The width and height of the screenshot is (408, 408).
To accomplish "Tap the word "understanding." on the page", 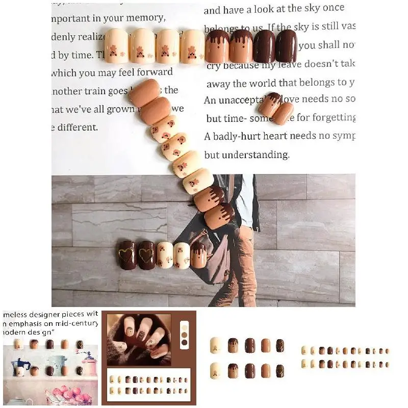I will (260, 155).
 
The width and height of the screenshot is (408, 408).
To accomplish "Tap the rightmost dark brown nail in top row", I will (286, 46).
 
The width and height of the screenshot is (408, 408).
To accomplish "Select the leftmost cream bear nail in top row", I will (116, 46).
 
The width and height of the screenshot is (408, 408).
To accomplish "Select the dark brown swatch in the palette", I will (185, 343).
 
